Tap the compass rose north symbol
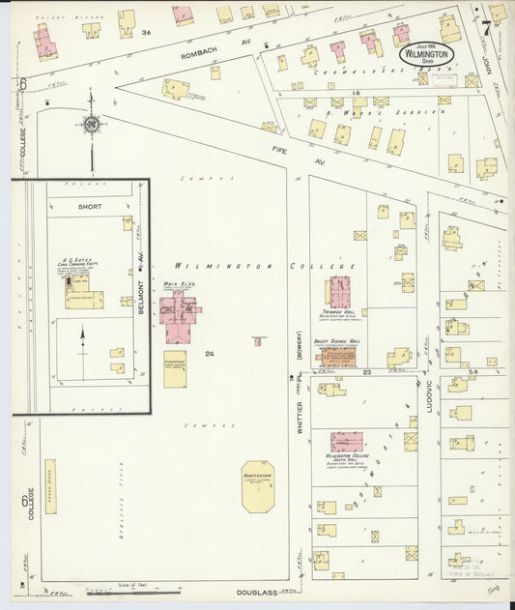pyautogui.click(x=91, y=124)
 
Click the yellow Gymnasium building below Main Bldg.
pyautogui.click(x=175, y=371)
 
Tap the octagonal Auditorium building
pyautogui.click(x=257, y=486)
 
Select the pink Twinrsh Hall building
pyautogui.click(x=340, y=291)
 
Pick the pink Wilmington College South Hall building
pyautogui.click(x=346, y=441)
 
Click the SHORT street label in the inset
pyautogui.click(x=89, y=206)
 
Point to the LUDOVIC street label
pyautogui.click(x=429, y=396)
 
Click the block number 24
pyautogui.click(x=209, y=354)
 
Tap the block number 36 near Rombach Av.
pyautogui.click(x=146, y=33)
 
